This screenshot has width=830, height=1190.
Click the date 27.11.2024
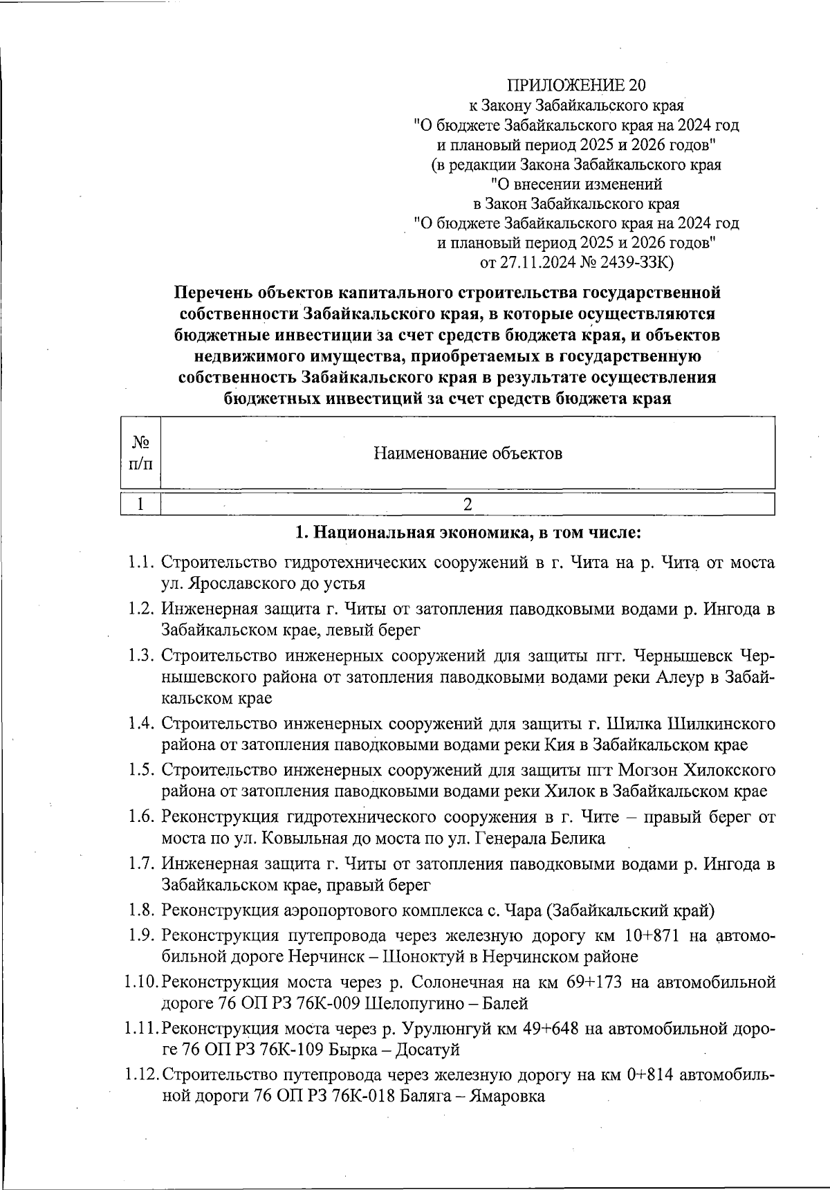(x=537, y=263)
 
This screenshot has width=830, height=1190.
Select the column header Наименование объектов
(x=468, y=453)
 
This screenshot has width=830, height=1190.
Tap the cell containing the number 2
(x=468, y=504)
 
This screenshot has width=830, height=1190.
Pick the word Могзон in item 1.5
(x=648, y=770)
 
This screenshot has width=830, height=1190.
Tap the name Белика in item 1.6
(x=578, y=839)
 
